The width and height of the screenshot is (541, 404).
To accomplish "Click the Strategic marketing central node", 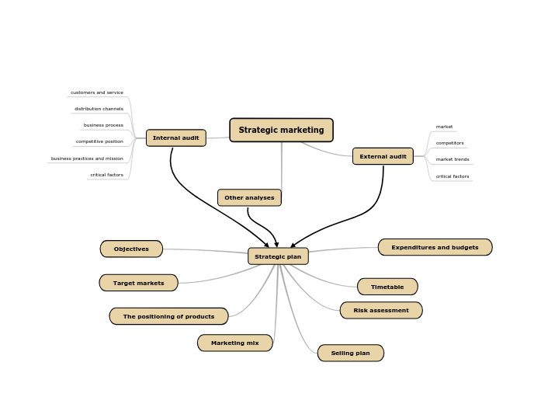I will coord(281,130).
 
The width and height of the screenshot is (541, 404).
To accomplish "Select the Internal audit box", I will coord(176,138).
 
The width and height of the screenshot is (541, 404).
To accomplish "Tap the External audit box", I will coord(383,156).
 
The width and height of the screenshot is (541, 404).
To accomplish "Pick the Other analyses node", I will coord(249,197).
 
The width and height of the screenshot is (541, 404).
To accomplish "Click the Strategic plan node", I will coord(278,256).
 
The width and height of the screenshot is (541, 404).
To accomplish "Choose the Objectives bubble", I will coord(131,249).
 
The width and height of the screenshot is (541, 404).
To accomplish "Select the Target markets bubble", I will coord(138,283).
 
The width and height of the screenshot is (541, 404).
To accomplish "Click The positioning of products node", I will coord(168,316).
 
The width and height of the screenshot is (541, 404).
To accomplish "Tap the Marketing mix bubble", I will coord(234,343).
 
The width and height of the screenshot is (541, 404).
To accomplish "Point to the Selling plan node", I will coord(350,353).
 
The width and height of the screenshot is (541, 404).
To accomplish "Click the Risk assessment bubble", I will coord(380,310).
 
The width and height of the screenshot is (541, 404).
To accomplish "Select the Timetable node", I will coord(387,287).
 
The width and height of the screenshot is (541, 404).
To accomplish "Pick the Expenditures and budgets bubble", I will coord(435,247).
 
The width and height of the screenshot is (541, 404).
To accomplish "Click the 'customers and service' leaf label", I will coord(97,92).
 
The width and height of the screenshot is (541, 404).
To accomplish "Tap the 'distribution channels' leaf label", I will coord(99,109).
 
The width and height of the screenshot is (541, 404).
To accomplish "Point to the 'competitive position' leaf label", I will coord(99,141).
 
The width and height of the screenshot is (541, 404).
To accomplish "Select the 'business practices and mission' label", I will coord(87,158).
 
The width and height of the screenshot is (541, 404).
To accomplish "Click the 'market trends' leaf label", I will coord(453,159).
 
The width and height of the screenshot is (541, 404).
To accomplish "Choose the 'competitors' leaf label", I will coord(449,143).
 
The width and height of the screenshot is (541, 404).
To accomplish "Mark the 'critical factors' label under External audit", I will coord(453,176).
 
